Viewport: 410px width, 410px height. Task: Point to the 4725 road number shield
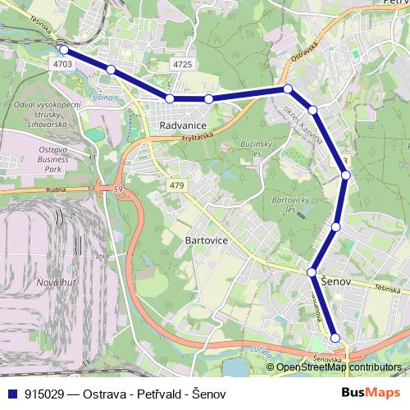pyautogui.click(x=183, y=63)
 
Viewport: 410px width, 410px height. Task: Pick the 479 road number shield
pyautogui.click(x=176, y=187)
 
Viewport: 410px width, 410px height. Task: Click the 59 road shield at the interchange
pyautogui.click(x=119, y=190)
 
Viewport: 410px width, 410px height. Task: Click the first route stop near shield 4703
pyautogui.click(x=64, y=50)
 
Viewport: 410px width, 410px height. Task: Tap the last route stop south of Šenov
pyautogui.click(x=335, y=338)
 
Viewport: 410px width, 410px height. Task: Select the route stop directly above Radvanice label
pyautogui.click(x=170, y=98)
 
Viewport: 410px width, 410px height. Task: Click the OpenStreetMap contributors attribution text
pyautogui.click(x=338, y=367)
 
